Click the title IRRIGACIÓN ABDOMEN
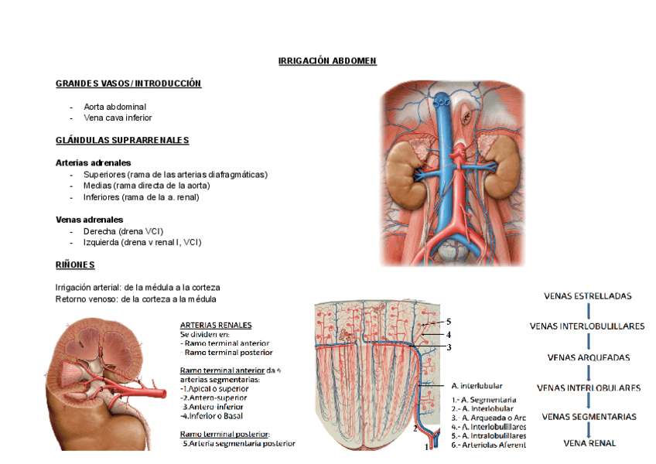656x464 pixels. pos(327,61)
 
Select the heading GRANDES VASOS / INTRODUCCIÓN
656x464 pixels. pos(128,84)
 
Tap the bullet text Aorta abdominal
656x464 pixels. pos(114,107)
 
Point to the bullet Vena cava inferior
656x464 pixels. pos(118,118)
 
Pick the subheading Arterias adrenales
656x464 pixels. pos(93,163)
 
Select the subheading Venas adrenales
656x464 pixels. pos(90,220)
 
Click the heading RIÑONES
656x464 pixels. pos(75,265)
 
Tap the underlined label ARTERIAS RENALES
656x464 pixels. pos(216,325)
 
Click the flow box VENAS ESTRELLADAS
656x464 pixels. pos(588,295)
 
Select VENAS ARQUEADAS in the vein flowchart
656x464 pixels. pos(588,358)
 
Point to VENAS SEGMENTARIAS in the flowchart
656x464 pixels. pos(589,417)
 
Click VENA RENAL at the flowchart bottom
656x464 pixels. pos(589,443)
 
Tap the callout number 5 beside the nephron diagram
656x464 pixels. pos(448,321)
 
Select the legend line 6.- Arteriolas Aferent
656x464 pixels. pos(489,445)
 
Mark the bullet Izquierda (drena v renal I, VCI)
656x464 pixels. pos(142,242)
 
